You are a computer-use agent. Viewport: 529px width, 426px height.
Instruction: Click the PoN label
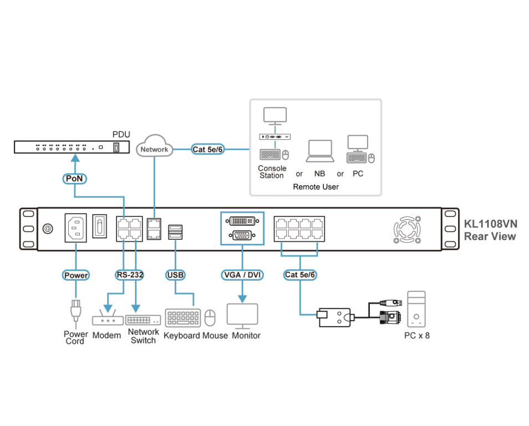[74, 178]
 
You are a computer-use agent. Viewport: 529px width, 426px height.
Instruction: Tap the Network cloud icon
[154, 147]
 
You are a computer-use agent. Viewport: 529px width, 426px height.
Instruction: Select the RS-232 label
[130, 275]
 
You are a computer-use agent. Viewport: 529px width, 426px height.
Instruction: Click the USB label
[175, 275]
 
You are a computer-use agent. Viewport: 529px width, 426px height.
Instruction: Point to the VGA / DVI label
[242, 275]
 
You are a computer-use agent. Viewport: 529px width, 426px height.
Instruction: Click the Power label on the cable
[76, 275]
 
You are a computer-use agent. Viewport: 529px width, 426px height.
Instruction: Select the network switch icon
[143, 319]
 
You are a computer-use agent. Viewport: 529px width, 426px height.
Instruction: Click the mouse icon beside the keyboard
[210, 318]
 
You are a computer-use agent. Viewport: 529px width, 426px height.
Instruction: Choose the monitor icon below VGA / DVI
[242, 315]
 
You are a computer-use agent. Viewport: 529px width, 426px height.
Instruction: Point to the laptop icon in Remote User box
[321, 151]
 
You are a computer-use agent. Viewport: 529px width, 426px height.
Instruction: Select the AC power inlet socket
[76, 228]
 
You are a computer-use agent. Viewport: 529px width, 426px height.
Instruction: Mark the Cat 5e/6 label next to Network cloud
[207, 149]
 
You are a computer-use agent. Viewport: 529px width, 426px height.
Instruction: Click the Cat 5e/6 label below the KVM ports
[301, 275]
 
